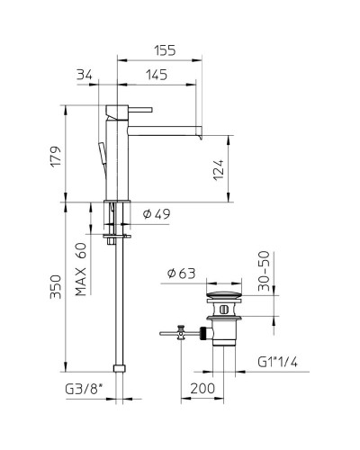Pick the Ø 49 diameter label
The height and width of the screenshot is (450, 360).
(x=157, y=213)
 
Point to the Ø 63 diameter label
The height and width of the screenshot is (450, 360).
(x=185, y=274)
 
